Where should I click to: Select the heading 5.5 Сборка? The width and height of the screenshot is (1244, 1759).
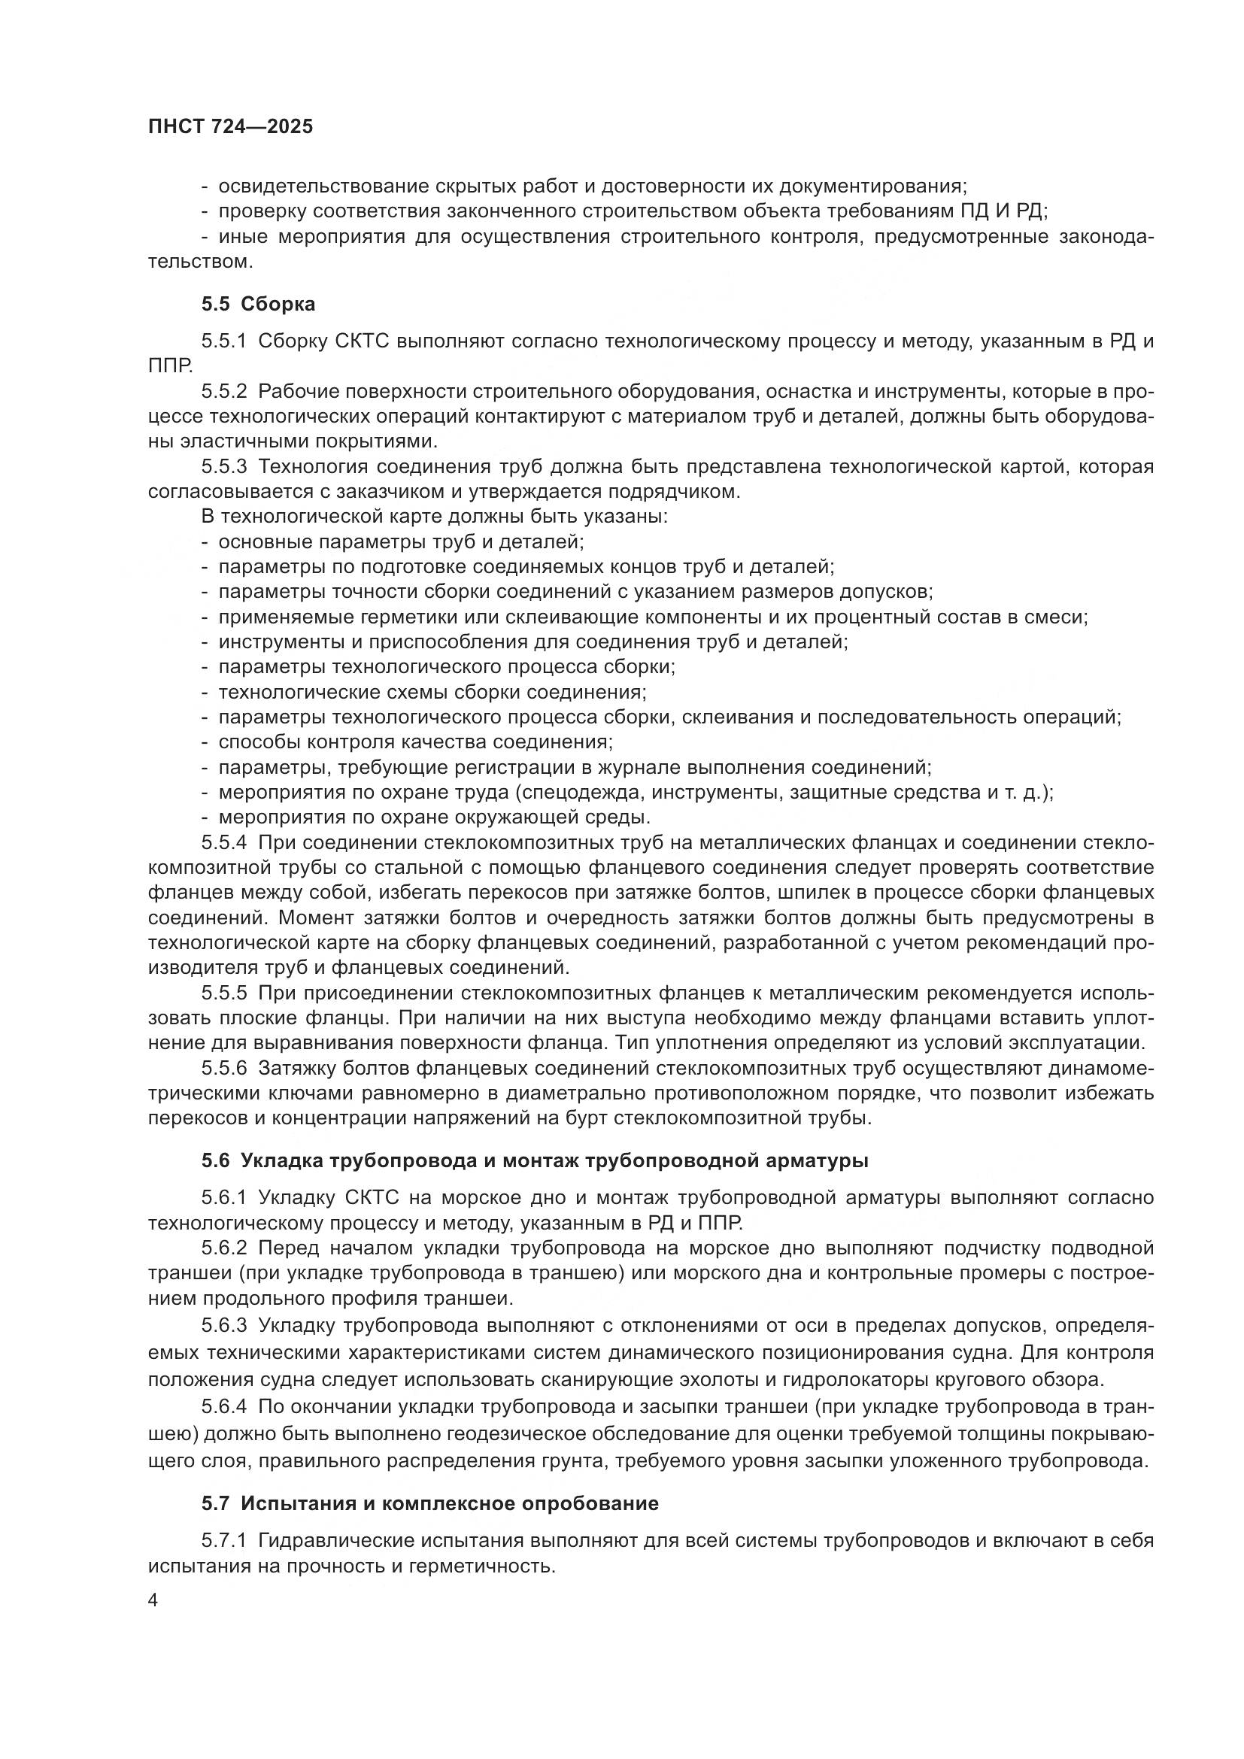(x=258, y=304)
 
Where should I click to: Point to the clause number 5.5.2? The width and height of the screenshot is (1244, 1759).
(x=224, y=392)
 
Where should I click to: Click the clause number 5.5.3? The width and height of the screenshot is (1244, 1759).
(x=224, y=466)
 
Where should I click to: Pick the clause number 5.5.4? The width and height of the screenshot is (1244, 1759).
(x=224, y=843)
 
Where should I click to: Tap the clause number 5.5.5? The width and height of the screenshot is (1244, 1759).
(x=224, y=993)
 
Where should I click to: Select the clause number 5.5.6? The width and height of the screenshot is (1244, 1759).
(x=224, y=1068)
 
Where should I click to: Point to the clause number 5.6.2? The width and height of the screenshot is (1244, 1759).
(x=224, y=1248)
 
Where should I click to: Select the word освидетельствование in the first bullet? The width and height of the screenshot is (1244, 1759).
(x=322, y=187)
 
